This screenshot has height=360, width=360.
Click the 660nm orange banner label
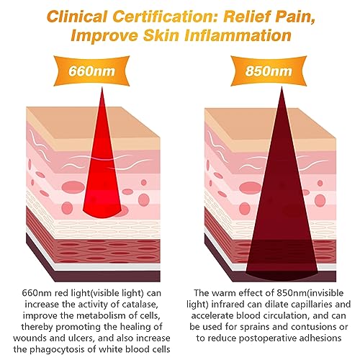[x=91, y=71]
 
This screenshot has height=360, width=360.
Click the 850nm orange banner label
[x=269, y=71]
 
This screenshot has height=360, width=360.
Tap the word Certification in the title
[x=166, y=17]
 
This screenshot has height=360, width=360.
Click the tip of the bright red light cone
[x=102, y=88]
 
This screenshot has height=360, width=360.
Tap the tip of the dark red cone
[x=282, y=88]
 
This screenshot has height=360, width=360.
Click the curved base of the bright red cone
[x=102, y=215]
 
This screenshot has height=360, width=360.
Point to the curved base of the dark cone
[x=282, y=276]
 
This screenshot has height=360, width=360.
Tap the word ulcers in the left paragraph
[x=80, y=338]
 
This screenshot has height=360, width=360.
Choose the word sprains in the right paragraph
[x=256, y=327]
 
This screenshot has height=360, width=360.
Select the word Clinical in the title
[x=77, y=17]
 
